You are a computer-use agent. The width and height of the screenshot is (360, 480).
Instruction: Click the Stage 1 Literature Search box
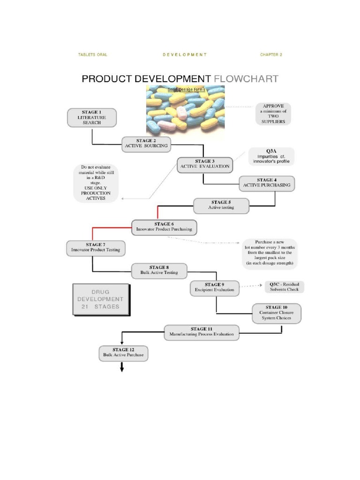click(92, 117)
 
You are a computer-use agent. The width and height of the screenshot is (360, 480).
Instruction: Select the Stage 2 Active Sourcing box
click(146, 143)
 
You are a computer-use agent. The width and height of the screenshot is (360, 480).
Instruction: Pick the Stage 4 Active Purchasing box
click(266, 182)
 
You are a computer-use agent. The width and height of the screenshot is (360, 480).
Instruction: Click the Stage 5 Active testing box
click(221, 205)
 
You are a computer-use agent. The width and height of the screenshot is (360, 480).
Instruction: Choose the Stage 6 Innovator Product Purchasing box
click(164, 227)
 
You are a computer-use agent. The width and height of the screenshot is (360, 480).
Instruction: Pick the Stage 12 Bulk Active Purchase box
click(123, 352)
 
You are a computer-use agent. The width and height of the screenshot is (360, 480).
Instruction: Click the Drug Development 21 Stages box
click(100, 299)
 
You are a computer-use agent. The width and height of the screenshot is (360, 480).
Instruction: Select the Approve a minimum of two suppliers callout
click(273, 113)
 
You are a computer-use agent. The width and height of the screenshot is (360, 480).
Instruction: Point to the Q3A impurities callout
click(272, 156)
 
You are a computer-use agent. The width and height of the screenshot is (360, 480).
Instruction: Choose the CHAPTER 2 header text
click(271, 55)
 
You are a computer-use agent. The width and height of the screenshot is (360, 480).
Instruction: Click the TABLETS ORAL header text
click(92, 55)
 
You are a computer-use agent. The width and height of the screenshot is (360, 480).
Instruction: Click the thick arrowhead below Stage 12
click(122, 368)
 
